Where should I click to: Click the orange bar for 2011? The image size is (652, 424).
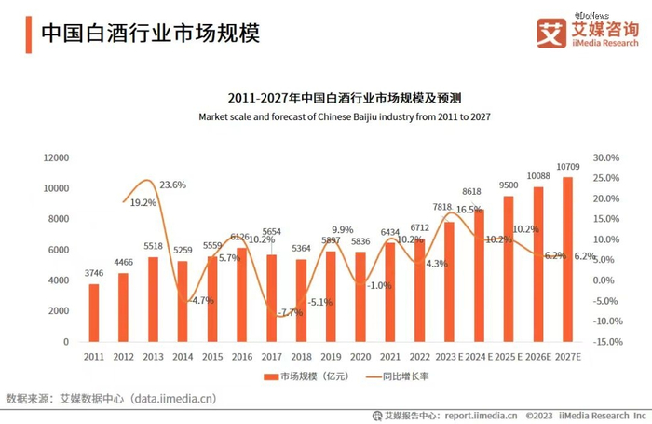pyautogui.click(x=94, y=313)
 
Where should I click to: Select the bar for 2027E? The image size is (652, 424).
pyautogui.click(x=567, y=260)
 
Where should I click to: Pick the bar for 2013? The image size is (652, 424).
pyautogui.click(x=153, y=299)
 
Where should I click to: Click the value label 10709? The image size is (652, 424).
pyautogui.click(x=568, y=167)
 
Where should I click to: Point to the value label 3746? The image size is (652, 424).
pyautogui.click(x=93, y=273)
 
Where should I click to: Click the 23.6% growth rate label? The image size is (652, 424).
pyautogui.click(x=173, y=185)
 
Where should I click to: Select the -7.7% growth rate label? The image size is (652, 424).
pyautogui.click(x=290, y=312)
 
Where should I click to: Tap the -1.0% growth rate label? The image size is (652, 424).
pyautogui.click(x=379, y=285)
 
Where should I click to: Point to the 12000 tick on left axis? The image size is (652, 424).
pyautogui.click(x=57, y=157)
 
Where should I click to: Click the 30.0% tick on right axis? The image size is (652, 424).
pyautogui.click(x=606, y=157)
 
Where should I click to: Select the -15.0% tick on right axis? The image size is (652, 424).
pyautogui.click(x=606, y=342)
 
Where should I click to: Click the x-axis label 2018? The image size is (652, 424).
pyautogui.click(x=300, y=357)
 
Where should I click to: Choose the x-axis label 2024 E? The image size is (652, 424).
pyautogui.click(x=478, y=357)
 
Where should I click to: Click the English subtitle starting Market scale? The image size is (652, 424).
pyautogui.click(x=345, y=116)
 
